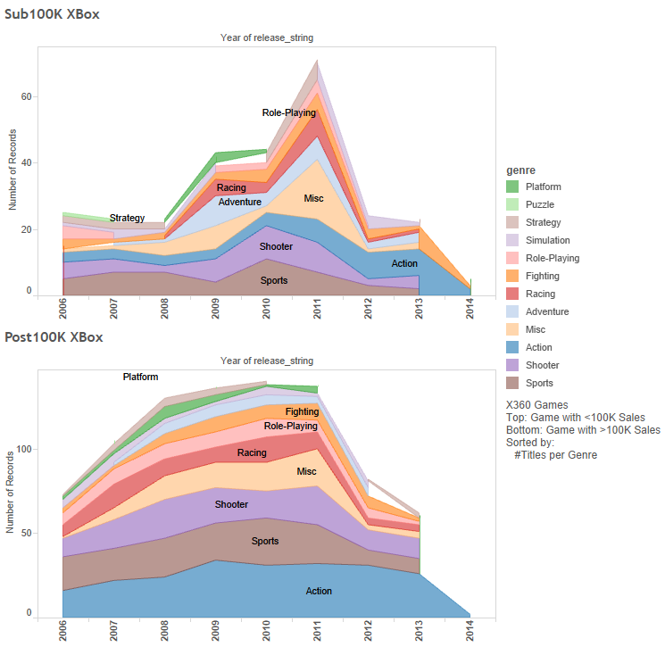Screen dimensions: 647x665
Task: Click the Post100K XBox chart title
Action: tap(53, 337)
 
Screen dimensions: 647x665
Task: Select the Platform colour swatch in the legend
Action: tap(512, 187)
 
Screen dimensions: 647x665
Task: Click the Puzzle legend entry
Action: tap(540, 204)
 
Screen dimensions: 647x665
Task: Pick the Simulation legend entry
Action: tap(547, 240)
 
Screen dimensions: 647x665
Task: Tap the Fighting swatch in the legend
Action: tap(512, 276)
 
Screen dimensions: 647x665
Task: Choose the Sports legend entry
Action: tap(539, 383)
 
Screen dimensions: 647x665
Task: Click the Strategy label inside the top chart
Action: tap(127, 219)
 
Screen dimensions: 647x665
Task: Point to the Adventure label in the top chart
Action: tap(240, 203)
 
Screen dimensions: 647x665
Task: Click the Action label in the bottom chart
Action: tap(319, 592)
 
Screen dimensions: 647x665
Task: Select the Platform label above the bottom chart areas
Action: tap(141, 377)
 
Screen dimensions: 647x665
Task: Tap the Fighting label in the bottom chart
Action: tap(302, 412)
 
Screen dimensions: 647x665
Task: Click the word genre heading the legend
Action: tap(520, 169)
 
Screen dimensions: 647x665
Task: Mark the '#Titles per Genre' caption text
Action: tap(555, 455)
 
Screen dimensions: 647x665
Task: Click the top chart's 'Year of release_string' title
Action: tap(267, 38)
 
